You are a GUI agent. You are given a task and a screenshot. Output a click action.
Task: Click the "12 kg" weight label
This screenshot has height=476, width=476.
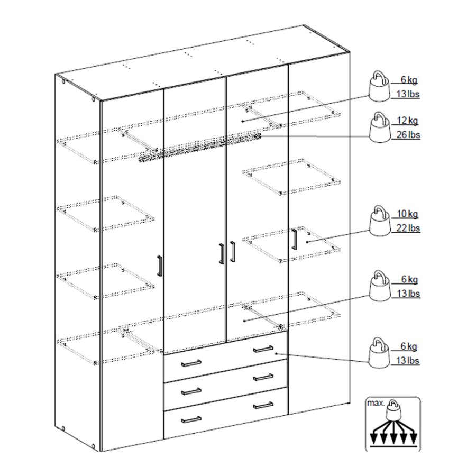(407, 121)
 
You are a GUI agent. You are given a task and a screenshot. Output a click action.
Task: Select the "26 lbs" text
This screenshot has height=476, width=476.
(408, 134)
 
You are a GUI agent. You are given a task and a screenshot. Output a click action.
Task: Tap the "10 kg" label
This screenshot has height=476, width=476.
(407, 214)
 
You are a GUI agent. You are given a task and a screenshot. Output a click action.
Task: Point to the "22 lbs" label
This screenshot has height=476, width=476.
(408, 228)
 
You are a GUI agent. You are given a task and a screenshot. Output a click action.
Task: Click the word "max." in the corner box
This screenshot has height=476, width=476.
(374, 403)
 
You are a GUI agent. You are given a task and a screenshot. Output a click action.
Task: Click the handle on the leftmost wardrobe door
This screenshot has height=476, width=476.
(160, 266)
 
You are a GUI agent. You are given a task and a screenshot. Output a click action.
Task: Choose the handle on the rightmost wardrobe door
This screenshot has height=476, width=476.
(294, 240)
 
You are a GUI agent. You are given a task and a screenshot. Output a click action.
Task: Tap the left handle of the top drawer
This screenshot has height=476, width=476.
(191, 363)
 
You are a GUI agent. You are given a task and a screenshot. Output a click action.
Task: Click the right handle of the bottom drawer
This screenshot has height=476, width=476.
(263, 405)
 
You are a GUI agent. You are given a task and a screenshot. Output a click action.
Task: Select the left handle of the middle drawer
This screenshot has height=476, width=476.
(191, 391)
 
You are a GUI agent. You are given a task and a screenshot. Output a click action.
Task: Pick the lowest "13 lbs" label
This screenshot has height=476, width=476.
(408, 361)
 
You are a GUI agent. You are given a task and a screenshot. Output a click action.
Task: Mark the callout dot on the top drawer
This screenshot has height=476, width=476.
(276, 354)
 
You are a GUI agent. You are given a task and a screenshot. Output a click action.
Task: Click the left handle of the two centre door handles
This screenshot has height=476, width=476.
(221, 252)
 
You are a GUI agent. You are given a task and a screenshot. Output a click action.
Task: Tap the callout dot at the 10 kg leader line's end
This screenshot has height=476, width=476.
(307, 242)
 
